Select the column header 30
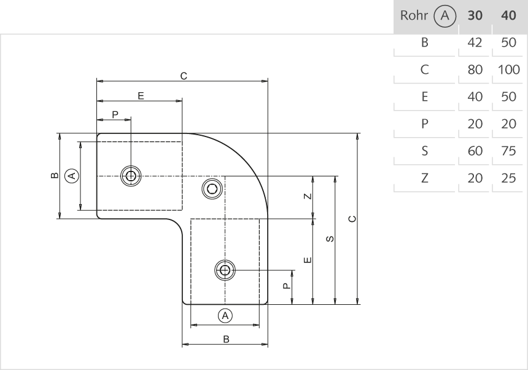(x=473, y=15)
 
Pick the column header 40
(x=508, y=15)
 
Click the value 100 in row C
(x=508, y=69)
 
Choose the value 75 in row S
(x=508, y=151)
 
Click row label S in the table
(x=424, y=151)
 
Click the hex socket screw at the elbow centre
(x=212, y=189)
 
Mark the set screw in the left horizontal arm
(x=130, y=176)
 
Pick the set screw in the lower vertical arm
(x=225, y=270)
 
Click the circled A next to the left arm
(x=72, y=176)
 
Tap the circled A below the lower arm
(x=225, y=315)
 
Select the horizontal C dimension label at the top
(x=183, y=75)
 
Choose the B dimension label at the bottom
(x=225, y=339)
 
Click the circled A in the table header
(x=446, y=15)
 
